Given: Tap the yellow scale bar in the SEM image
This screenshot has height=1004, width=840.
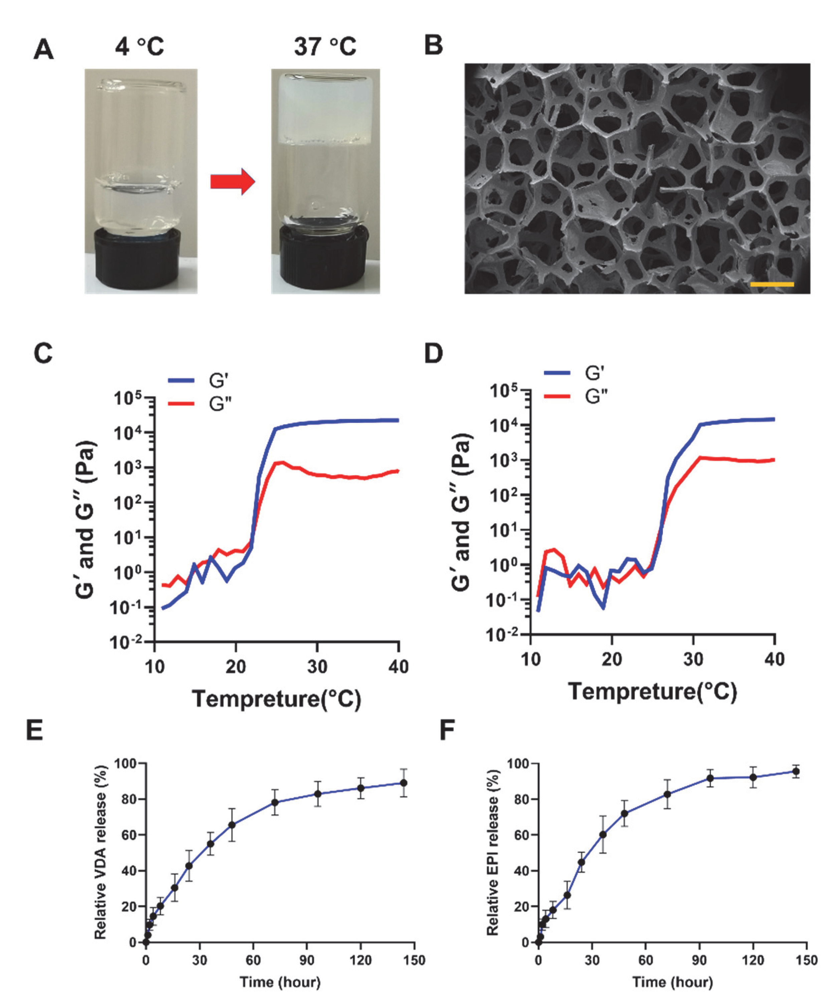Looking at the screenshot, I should pos(772,284).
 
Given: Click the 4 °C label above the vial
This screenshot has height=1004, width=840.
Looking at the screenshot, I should pos(139,47).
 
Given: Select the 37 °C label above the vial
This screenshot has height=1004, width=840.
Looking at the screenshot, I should pos(325,47).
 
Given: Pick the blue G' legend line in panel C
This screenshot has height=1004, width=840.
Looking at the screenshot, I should pos(181,381).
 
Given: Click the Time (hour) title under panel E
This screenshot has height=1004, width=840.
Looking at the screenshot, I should pos(280,982).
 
